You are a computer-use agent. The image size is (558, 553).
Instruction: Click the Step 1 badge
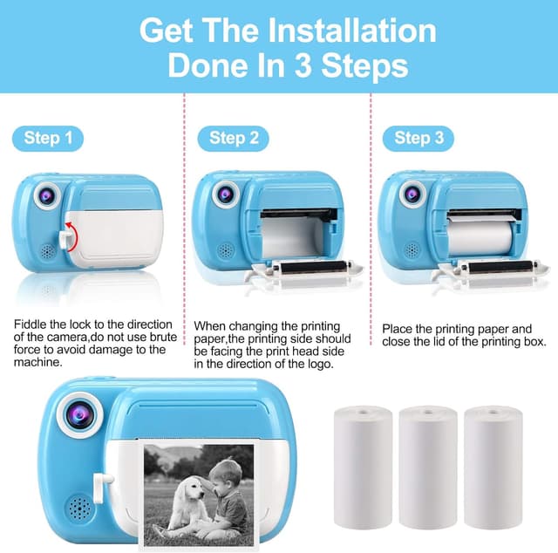pyautogui.click(x=48, y=138)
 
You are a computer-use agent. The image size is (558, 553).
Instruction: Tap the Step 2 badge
pyautogui.click(x=233, y=138)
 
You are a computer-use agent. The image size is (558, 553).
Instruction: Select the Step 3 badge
pyautogui.click(x=418, y=138)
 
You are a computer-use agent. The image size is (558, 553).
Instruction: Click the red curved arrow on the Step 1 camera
pyautogui.click(x=72, y=236)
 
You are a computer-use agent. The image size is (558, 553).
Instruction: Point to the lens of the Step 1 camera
pyautogui.click(x=47, y=195)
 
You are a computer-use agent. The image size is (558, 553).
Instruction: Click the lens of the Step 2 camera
pyautogui.click(x=226, y=194)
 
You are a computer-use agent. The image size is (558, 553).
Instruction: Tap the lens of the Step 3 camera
pyautogui.click(x=412, y=195)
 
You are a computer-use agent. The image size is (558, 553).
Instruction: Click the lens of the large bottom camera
pyautogui.click(x=80, y=415)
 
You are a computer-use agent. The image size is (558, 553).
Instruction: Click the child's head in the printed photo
pyautogui.click(x=221, y=475)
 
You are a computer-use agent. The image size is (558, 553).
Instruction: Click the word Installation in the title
pyautogui.click(x=352, y=31)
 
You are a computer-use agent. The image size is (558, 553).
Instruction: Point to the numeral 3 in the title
pyautogui.click(x=303, y=66)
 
